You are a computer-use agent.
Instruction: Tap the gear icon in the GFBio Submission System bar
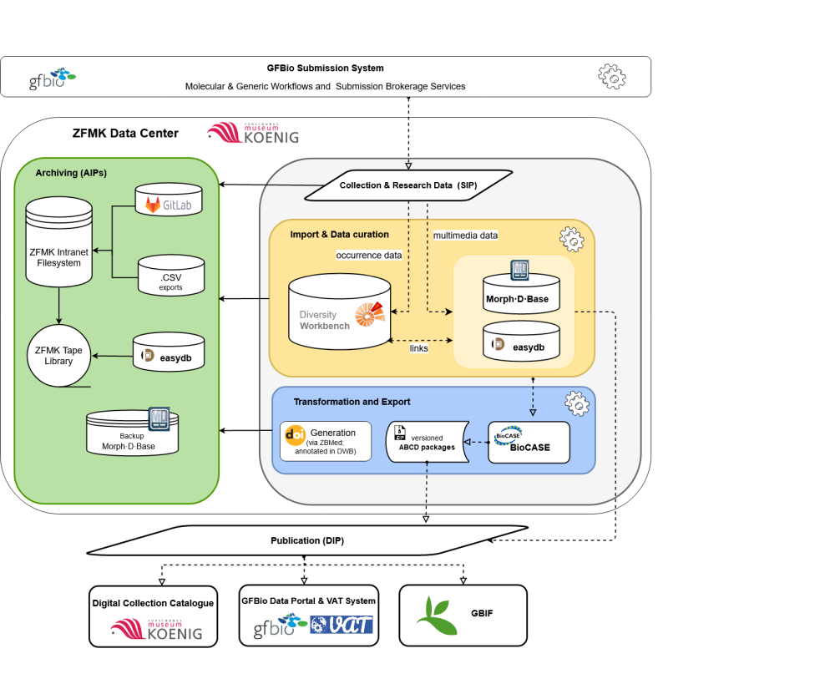click(612, 76)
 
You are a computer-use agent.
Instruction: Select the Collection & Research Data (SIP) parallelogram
click(407, 185)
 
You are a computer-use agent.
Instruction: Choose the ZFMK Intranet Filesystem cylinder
click(58, 245)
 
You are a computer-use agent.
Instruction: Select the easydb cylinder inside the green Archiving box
click(169, 356)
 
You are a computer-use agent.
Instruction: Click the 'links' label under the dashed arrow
click(419, 348)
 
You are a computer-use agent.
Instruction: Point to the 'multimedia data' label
click(465, 236)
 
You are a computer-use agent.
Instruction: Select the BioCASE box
click(529, 442)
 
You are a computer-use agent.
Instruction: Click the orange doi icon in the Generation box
click(295, 434)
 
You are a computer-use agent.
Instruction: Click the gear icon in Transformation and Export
click(577, 404)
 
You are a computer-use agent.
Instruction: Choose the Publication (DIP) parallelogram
click(307, 540)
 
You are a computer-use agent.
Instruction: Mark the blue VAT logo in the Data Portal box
click(341, 624)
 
